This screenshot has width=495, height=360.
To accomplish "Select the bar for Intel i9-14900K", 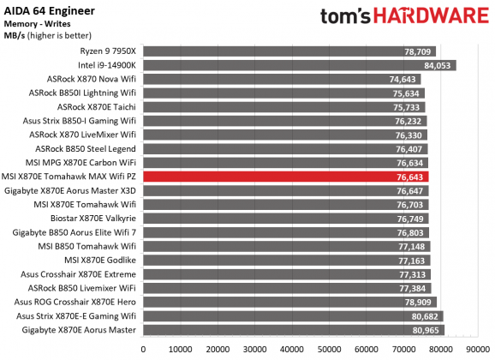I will (299, 65).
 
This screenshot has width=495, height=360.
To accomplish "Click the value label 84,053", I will (438, 65).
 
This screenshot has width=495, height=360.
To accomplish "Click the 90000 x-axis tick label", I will (478, 349).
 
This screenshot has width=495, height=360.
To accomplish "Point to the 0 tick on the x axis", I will (143, 349).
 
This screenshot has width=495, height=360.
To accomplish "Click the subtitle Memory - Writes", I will (39, 23).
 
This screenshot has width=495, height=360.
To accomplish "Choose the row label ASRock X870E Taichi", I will (96, 107).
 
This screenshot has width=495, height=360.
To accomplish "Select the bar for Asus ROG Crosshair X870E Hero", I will (289, 303).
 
